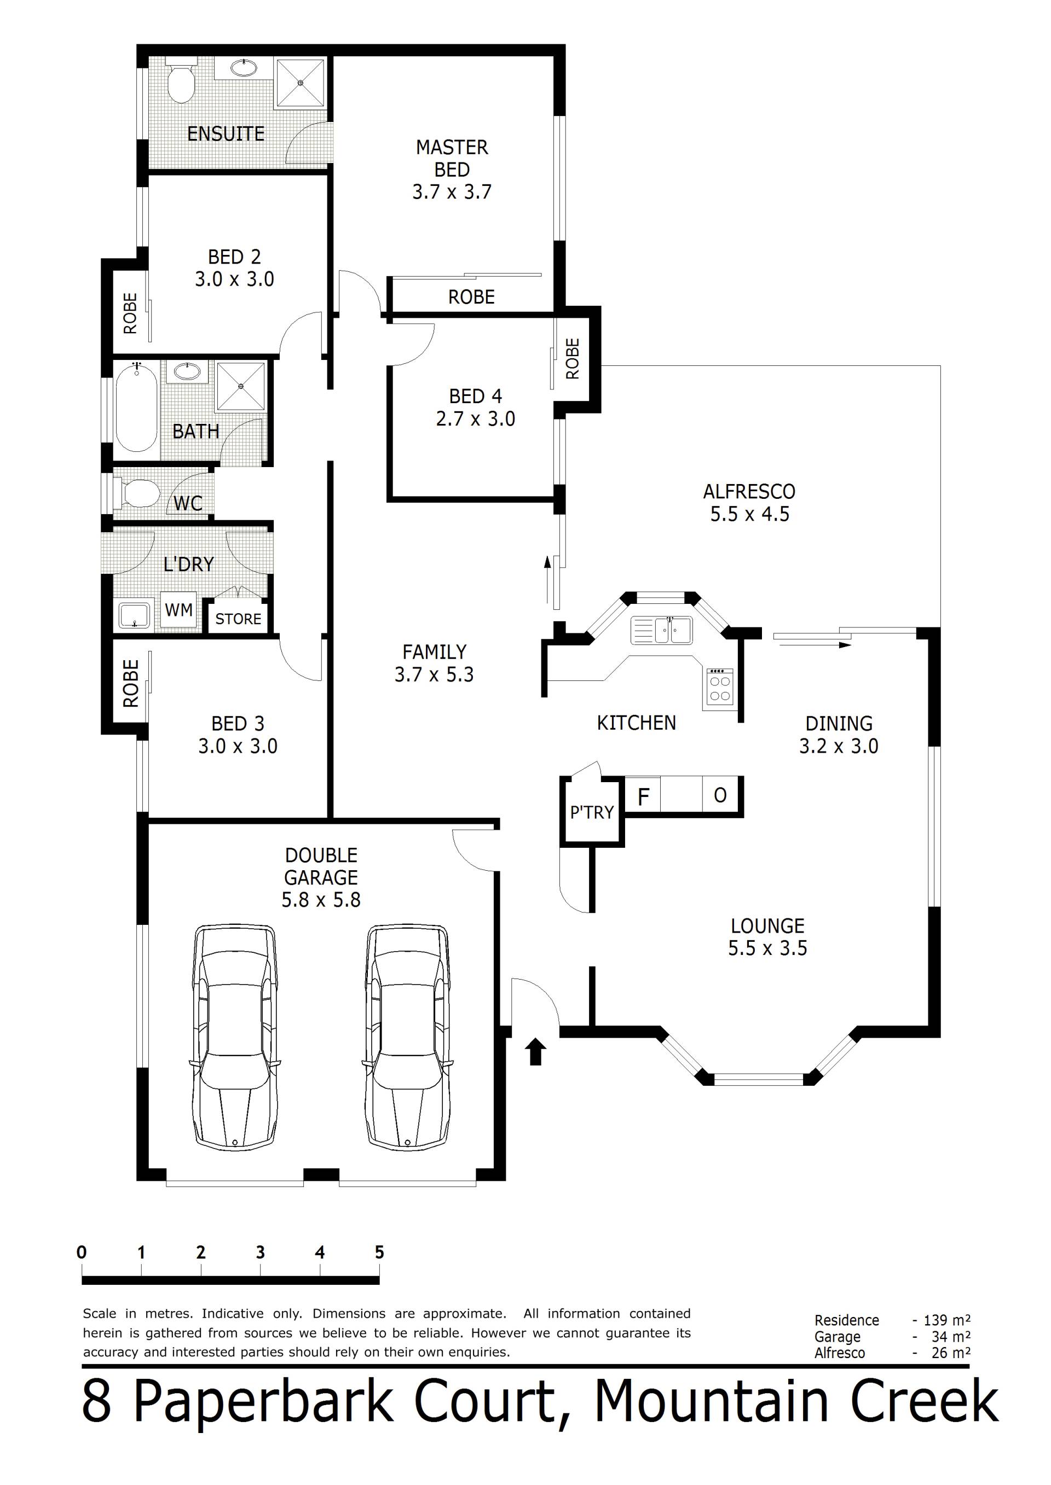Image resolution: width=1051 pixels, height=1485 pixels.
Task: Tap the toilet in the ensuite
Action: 181,79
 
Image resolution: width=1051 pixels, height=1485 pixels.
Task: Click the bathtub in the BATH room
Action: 136,406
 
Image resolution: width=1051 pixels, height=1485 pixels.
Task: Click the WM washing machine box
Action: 178,610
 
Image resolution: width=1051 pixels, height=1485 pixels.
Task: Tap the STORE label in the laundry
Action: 238,619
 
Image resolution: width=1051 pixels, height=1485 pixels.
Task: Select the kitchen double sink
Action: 661,630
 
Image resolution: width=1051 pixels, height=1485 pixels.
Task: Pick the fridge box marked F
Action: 643,796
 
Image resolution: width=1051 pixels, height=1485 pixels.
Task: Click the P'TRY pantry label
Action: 592,812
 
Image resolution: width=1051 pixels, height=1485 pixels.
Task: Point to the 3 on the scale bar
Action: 260,1252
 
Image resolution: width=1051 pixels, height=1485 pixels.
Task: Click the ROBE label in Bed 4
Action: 572,359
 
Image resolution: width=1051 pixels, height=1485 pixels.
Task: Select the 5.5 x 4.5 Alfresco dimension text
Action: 749,514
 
